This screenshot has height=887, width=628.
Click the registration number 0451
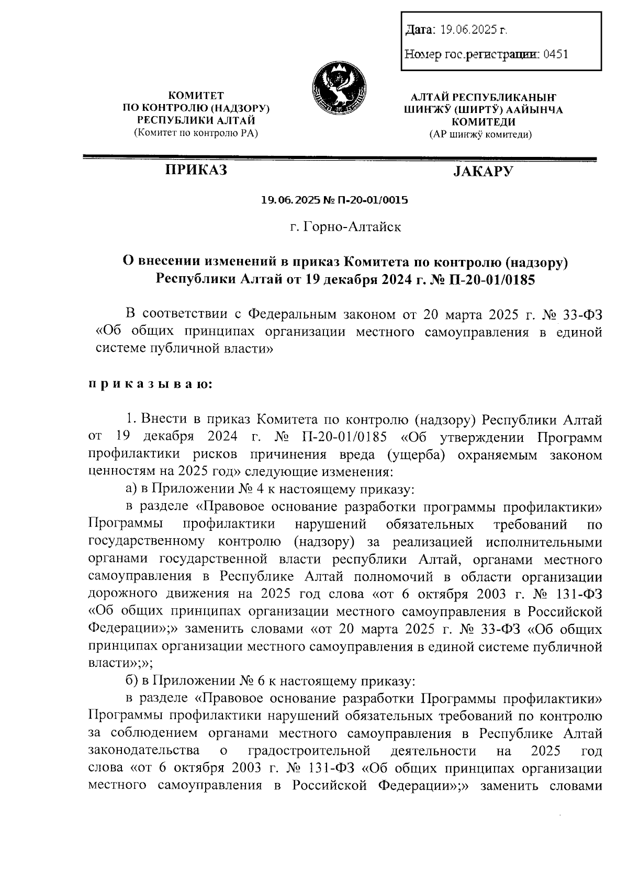556,54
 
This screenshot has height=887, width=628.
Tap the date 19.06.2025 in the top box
468,30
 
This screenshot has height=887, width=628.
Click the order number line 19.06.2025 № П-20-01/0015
334,200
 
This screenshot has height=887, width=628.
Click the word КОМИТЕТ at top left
196,96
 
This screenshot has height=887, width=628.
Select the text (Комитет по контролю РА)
196,133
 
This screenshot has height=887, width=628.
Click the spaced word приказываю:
150,384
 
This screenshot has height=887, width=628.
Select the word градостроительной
309,751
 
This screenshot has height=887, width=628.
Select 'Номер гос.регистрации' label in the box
473,54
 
